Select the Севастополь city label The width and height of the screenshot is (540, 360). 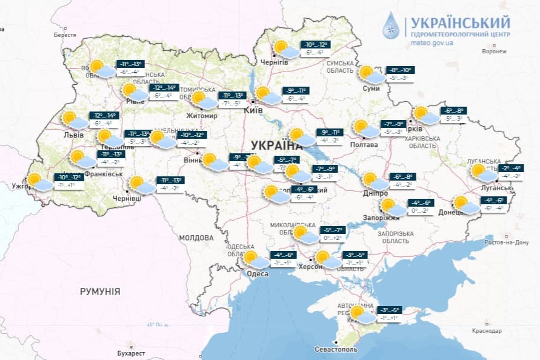click(336, 350)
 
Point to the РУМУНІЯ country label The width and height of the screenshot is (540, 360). click(100, 292)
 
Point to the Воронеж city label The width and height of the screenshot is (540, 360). click(493, 52)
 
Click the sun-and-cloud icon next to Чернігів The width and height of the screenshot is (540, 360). click(284, 49)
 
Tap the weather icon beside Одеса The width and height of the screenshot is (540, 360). click(255, 260)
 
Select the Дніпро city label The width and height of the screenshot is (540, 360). click(376, 193)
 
